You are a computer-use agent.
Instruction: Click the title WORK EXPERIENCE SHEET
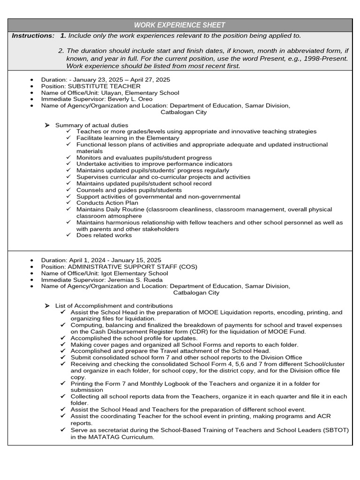pyautogui.click(x=180, y=25)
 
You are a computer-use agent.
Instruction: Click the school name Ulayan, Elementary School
pyautogui.click(x=137, y=93)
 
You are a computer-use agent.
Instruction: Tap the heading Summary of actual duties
pyautogui.click(x=91, y=125)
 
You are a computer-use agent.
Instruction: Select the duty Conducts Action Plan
pyautogui.click(x=107, y=203)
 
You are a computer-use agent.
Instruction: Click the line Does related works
pyautogui.click(x=104, y=235)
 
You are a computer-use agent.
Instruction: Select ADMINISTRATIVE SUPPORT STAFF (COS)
pyautogui.click(x=133, y=267)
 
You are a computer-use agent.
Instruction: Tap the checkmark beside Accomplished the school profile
pyautogui.click(x=63, y=338)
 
